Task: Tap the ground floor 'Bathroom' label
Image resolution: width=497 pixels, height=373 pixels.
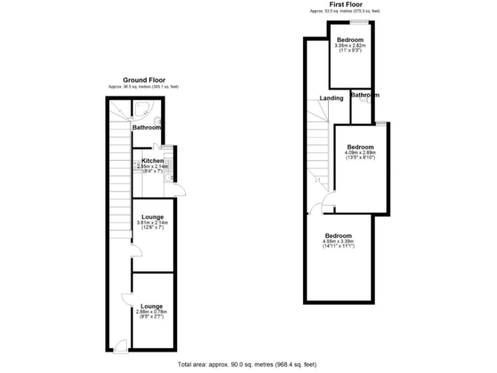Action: tap(146, 128)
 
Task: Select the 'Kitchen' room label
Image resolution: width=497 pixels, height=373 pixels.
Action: tap(153, 161)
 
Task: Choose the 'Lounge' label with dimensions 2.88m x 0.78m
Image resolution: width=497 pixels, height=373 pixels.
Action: tap(151, 306)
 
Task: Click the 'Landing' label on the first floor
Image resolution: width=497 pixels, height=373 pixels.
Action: tap(331, 98)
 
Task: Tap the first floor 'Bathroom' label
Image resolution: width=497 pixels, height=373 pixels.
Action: tap(365, 95)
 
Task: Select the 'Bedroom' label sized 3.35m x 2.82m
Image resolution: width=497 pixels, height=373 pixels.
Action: tap(349, 40)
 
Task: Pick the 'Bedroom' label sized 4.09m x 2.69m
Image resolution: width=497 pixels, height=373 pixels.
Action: tap(360, 147)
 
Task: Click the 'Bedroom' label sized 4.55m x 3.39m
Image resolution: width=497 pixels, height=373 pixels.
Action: tap(338, 236)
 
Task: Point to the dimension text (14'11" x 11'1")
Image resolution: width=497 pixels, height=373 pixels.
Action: tap(338, 247)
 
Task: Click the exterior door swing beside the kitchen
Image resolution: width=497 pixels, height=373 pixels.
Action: tap(182, 189)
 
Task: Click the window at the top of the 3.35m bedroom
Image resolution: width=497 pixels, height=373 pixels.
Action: tap(360, 23)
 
